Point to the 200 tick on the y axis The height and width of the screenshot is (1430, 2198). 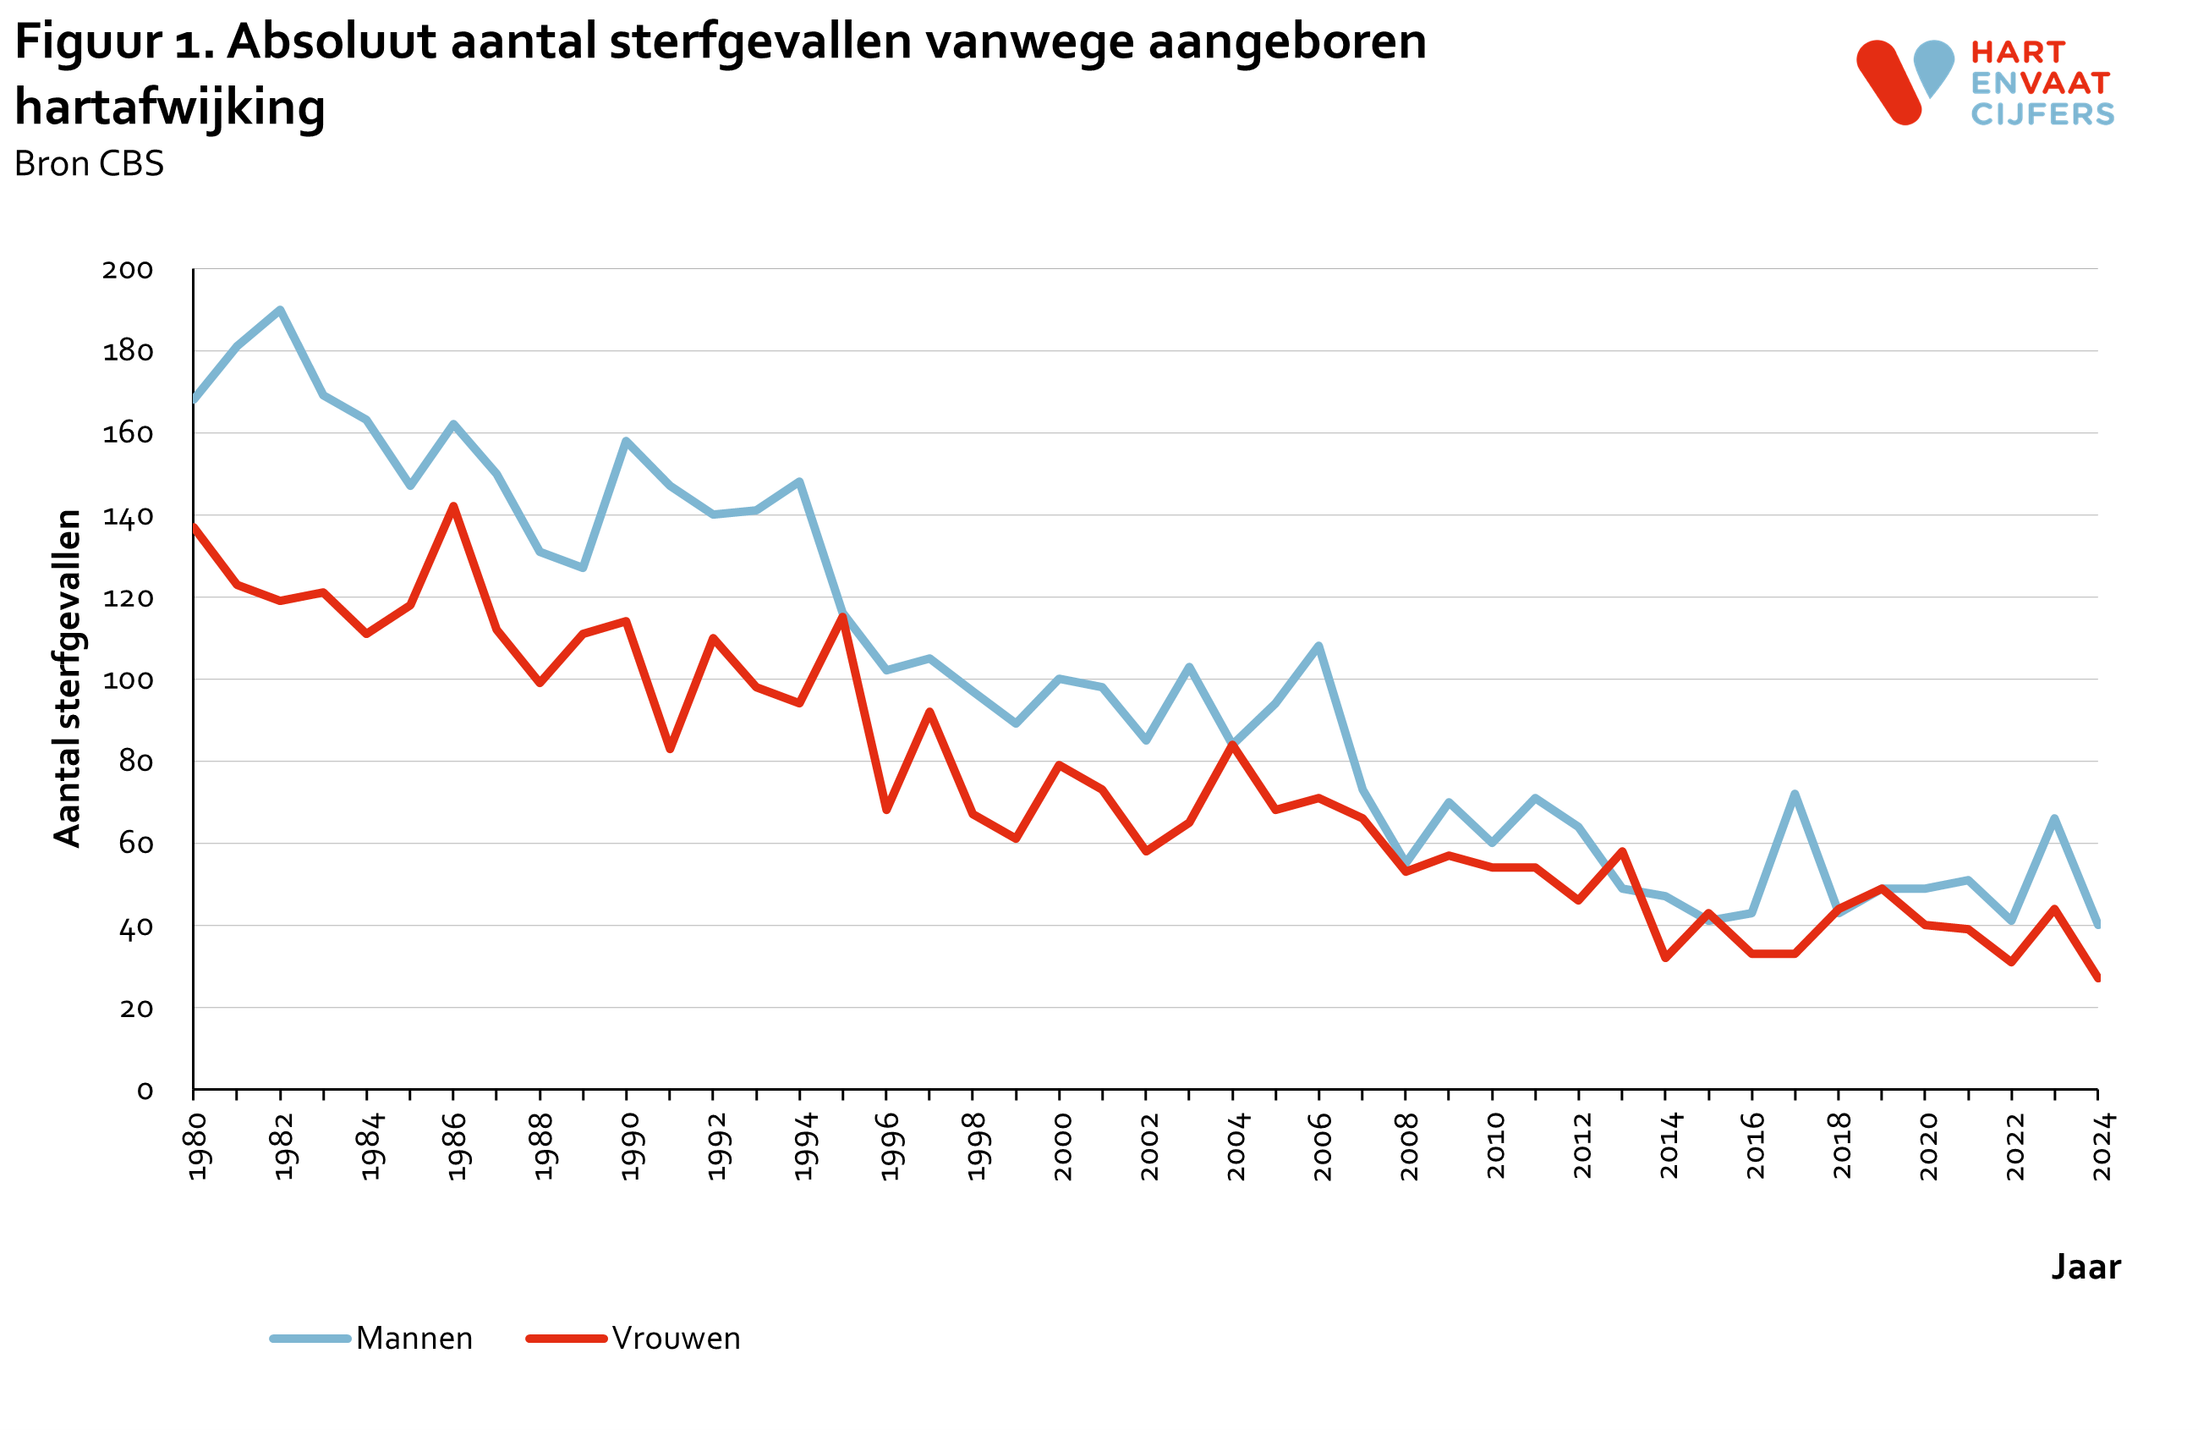[128, 270]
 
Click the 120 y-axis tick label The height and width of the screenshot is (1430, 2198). [128, 598]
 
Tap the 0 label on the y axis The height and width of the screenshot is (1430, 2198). [145, 1091]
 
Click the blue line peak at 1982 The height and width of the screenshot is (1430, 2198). [280, 311]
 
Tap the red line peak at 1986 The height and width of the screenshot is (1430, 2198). [453, 506]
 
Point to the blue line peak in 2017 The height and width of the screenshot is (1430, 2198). [1795, 794]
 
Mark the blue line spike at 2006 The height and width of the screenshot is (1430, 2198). [1318, 646]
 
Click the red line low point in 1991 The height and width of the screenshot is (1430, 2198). [670, 749]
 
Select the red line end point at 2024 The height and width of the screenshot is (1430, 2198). [2097, 977]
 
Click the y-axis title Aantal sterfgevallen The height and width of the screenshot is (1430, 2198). [68, 677]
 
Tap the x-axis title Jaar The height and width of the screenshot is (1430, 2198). [2086, 1267]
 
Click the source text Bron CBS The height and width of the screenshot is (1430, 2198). [89, 163]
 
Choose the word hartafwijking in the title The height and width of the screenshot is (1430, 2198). [170, 107]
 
